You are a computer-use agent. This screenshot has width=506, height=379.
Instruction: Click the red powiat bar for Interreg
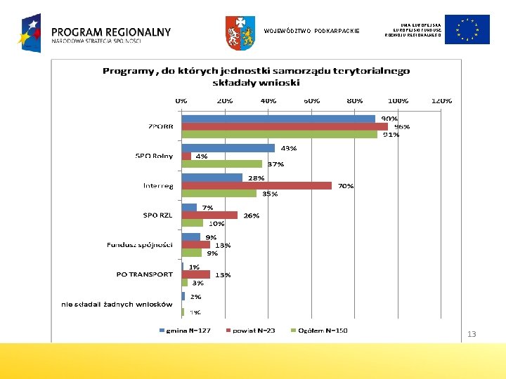(x=257, y=186)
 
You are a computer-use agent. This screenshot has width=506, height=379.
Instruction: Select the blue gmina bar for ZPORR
(x=278, y=119)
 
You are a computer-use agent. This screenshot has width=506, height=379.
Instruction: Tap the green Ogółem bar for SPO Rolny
(x=221, y=164)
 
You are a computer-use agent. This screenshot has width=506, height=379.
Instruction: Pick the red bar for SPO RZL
(x=209, y=215)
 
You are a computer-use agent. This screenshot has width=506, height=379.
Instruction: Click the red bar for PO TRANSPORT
(x=195, y=274)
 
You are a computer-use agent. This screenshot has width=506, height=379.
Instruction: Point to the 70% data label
(x=346, y=186)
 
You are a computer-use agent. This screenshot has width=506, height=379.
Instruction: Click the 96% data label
(x=401, y=127)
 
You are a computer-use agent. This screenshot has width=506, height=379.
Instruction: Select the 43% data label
(x=289, y=148)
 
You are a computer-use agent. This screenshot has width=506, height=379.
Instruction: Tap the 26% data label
(x=252, y=215)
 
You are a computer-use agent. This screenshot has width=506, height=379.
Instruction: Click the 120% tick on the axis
(x=441, y=100)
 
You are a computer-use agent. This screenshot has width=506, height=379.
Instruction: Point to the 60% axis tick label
(x=311, y=100)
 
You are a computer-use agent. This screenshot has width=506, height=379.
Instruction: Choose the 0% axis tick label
(x=181, y=100)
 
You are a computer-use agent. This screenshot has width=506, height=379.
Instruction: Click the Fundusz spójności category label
(x=140, y=245)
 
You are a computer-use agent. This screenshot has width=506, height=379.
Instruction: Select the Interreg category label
(x=157, y=186)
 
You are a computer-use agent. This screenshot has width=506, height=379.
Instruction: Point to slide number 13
(x=472, y=334)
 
